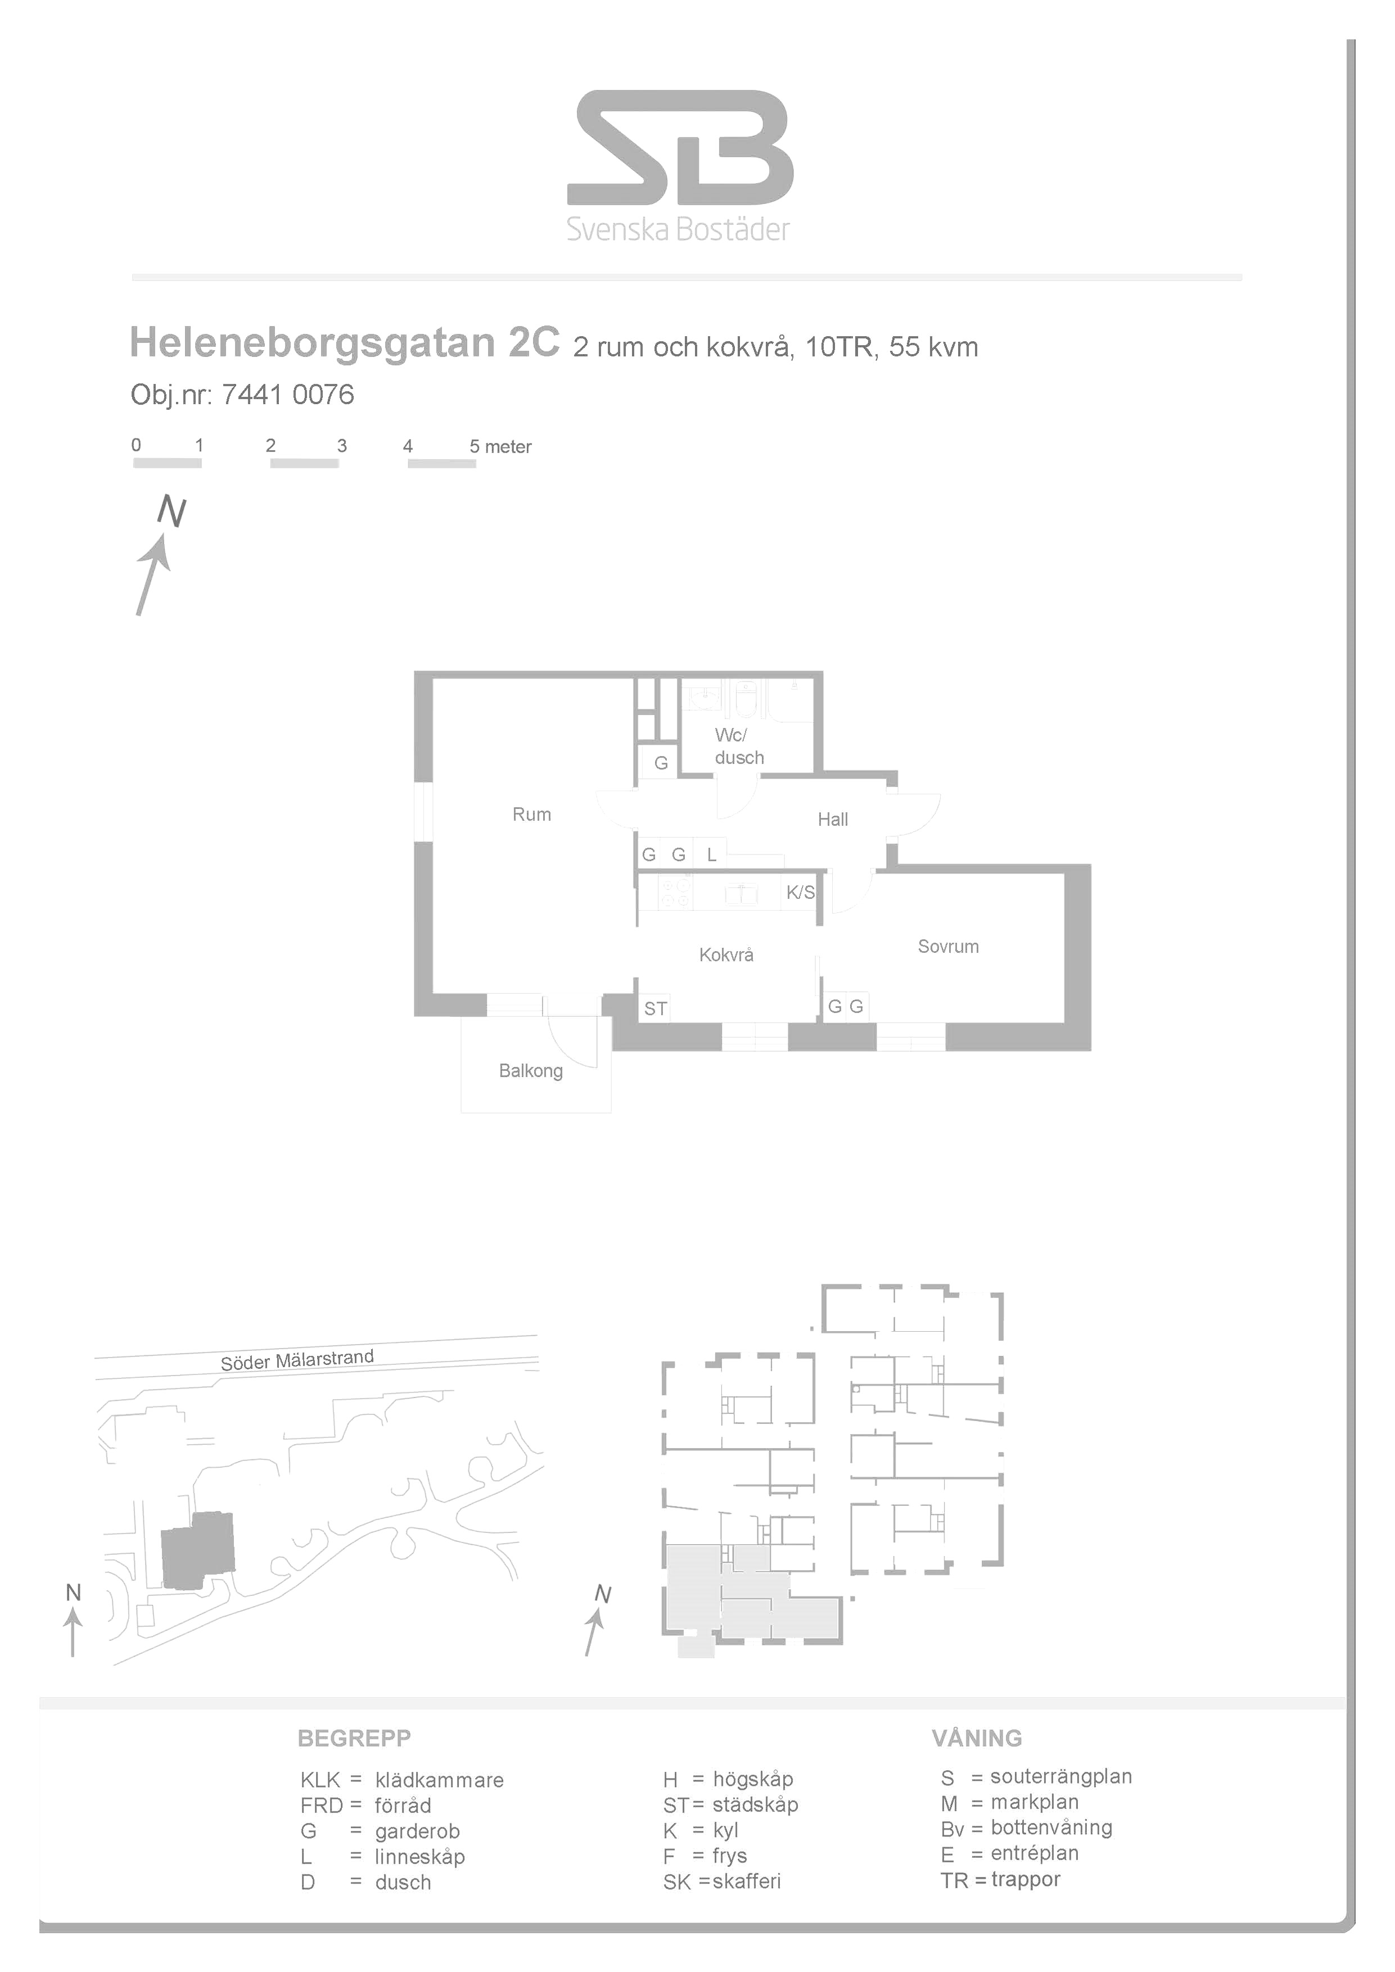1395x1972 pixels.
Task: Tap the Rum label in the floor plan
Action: point(532,814)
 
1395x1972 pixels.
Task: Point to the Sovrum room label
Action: point(949,947)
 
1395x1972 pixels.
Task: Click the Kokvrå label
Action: point(726,955)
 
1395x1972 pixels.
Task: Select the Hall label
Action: point(832,820)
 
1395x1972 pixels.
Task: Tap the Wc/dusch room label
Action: point(739,747)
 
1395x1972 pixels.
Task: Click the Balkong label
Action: point(531,1071)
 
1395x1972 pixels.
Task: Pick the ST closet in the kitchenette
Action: point(656,1008)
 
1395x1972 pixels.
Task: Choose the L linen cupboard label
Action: point(711,854)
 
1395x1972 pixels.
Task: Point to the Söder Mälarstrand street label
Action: point(297,1360)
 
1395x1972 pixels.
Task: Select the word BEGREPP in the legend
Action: point(354,1738)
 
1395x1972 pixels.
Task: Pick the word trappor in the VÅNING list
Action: point(1026,1879)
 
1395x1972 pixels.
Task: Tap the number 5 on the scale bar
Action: point(474,446)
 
